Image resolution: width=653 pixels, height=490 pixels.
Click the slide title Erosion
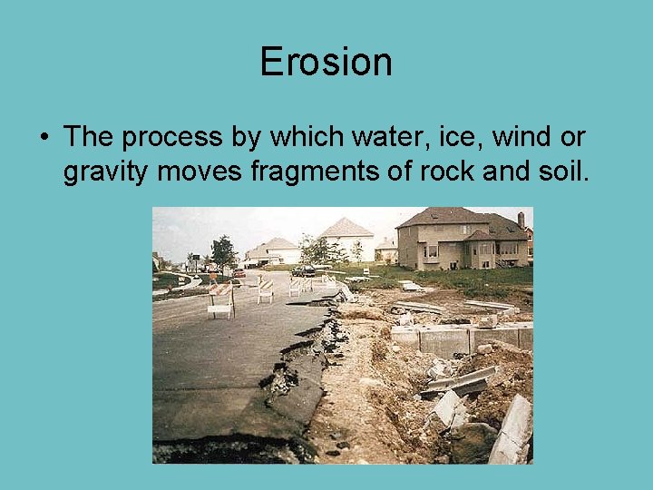pyautogui.click(x=326, y=63)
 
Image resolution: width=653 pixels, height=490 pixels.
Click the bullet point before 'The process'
pyautogui.click(x=44, y=138)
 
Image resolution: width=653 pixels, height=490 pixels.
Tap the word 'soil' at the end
pyautogui.click(x=565, y=170)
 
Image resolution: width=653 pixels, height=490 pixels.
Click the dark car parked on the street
pyautogui.click(x=304, y=269)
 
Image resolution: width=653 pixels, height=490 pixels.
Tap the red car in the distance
pyautogui.click(x=239, y=272)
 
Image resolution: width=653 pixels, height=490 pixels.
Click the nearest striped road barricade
pyautogui.click(x=220, y=300)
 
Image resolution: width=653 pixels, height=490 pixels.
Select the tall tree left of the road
pyautogui.click(x=222, y=250)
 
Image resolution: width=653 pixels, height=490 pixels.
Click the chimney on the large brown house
pyautogui.click(x=521, y=220)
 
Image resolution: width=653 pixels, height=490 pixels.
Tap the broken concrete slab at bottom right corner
pyautogui.click(x=512, y=430)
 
